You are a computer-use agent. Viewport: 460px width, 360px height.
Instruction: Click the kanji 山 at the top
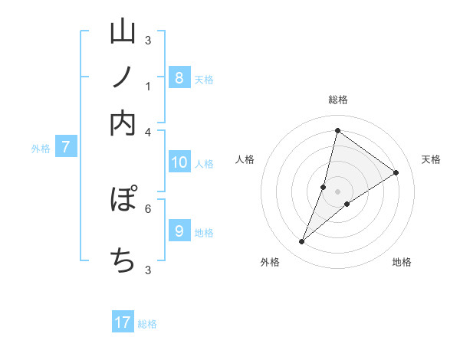click(x=123, y=34)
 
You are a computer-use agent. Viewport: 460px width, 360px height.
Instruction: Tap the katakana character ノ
click(x=123, y=79)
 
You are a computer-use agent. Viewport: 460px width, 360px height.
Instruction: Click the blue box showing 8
click(x=179, y=77)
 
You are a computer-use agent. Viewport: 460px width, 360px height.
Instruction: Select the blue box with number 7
click(x=65, y=147)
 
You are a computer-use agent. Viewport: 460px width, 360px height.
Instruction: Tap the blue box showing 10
click(x=179, y=162)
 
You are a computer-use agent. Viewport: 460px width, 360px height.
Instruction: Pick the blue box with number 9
click(x=179, y=231)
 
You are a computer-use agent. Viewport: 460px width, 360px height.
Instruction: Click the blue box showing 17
click(x=123, y=322)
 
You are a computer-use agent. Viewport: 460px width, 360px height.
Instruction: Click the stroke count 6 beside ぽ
click(x=148, y=208)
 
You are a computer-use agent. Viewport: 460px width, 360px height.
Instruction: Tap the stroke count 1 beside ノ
click(x=148, y=87)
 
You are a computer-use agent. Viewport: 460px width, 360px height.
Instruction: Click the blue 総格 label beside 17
click(x=147, y=324)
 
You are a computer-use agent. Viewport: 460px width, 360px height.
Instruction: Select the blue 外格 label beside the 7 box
click(x=41, y=149)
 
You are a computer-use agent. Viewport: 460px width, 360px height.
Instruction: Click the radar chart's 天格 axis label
click(x=432, y=159)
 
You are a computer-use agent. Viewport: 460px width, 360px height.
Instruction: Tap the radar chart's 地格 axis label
click(x=402, y=262)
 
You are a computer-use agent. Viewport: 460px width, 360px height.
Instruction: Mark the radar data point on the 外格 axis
click(x=302, y=242)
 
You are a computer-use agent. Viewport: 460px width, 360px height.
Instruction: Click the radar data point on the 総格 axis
click(x=337, y=130)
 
